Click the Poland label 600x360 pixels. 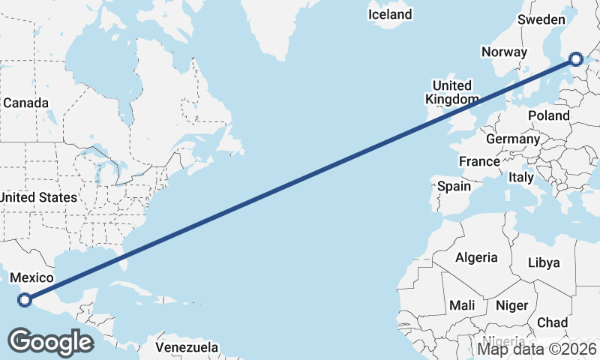[x=549, y=115]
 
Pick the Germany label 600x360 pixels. [x=513, y=139]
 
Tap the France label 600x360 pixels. [x=479, y=161]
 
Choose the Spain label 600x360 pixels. [x=454, y=186]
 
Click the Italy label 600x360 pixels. [x=521, y=178]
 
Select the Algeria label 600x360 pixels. [x=476, y=257]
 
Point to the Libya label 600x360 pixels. [x=544, y=262]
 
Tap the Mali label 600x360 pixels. [x=462, y=305]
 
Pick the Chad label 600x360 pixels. [x=553, y=322]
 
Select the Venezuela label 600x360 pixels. [x=187, y=347]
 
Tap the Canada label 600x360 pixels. [x=25, y=103]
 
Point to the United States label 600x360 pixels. [x=38, y=197]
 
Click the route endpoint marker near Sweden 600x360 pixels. [x=576, y=59]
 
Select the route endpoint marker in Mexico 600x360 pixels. [x=25, y=300]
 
